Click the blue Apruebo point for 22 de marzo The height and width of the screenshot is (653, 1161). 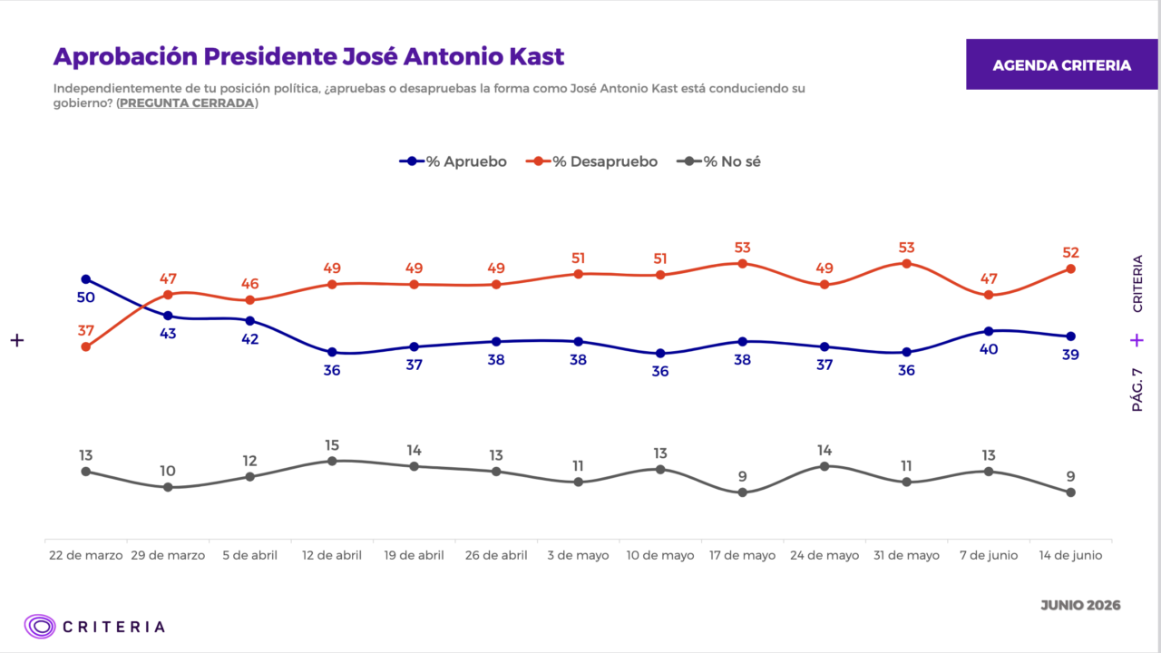pos(86,279)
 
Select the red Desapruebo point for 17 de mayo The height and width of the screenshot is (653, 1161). pos(742,264)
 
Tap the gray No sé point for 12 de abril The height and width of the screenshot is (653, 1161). pos(332,462)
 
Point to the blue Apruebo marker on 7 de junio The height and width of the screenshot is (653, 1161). pos(989,331)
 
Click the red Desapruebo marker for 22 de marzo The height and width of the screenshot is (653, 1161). pos(86,346)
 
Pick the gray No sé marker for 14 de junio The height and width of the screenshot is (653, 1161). pos(1071,492)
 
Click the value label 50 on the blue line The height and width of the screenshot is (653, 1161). pos(86,297)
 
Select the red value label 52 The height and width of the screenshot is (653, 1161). pos(1071,252)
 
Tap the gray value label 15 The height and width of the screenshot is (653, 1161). pos(332,445)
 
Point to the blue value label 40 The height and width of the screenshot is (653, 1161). pos(989,349)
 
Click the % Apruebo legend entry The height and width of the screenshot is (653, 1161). pos(453,161)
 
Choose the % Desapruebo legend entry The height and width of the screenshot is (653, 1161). pos(591,161)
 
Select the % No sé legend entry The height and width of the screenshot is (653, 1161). pos(718,161)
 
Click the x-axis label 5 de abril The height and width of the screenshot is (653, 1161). pos(249,556)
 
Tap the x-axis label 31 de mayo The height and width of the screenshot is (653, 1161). pos(906,556)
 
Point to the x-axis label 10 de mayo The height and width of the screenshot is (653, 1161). pos(660,556)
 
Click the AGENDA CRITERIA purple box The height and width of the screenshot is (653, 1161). pos(1061,64)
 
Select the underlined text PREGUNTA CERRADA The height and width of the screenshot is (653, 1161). pos(187,103)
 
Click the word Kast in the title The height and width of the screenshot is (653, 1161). pos(537,56)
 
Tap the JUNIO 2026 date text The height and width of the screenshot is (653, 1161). pos(1080,605)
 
